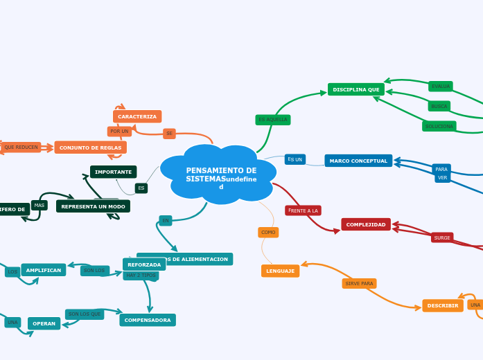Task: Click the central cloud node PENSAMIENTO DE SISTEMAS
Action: pos(218,174)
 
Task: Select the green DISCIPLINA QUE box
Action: pos(355,89)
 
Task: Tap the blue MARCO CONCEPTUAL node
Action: pos(358,161)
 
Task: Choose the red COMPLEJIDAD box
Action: pos(366,224)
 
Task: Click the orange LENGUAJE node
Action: pos(280,271)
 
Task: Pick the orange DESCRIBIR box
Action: pos(442,305)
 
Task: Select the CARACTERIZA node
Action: pos(137,116)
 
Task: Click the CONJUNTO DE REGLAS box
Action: pos(90,147)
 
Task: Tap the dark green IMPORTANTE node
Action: pos(113,172)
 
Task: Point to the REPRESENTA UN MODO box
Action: pos(93,206)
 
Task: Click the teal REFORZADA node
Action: pos(144,264)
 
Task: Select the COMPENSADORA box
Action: pos(147,320)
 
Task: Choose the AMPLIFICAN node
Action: pos(44,270)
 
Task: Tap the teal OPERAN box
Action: pos(44,323)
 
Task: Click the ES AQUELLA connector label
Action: pos(272,120)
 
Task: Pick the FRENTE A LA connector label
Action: pos(303,210)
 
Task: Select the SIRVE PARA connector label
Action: pos(359,283)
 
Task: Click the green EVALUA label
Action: pos(441,87)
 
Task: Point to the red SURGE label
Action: pos(442,237)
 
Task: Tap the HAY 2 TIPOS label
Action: pos(141,276)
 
